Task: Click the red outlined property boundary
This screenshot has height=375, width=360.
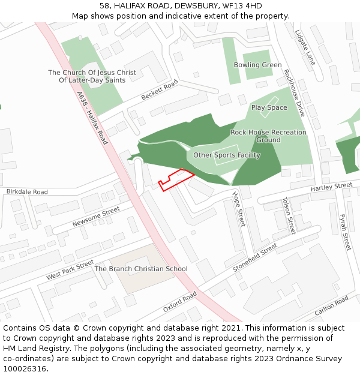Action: (175, 179)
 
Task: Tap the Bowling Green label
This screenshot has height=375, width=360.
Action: (257, 65)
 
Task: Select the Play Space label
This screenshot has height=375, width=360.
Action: (269, 107)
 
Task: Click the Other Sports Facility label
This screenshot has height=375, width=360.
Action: (226, 155)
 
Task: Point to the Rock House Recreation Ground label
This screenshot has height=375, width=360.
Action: (268, 136)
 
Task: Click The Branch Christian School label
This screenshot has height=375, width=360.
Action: (141, 269)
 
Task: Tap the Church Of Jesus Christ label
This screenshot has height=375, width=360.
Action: (92, 76)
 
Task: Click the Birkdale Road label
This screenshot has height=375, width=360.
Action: (27, 192)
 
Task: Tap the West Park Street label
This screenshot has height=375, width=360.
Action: (70, 270)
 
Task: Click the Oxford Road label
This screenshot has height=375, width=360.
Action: (180, 302)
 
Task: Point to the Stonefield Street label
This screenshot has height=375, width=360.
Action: (255, 257)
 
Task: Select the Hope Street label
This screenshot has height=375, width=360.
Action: (239, 209)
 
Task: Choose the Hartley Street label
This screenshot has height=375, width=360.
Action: (331, 188)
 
